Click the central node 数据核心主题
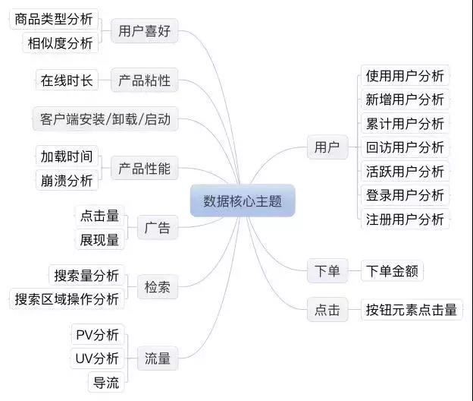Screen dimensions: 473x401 coord(243,200)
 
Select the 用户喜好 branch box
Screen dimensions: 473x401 coord(144,31)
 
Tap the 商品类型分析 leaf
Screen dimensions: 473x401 coord(54,19)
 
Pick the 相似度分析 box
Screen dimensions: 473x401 coord(61,43)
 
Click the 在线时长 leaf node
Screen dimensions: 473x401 coord(67,80)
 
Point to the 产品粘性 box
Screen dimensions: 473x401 coord(144,80)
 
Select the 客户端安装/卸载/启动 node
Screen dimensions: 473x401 coord(105,118)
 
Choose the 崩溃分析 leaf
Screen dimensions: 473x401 coord(67,181)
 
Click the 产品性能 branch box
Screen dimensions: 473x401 coord(144,168)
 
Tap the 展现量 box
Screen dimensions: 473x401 coord(99,240)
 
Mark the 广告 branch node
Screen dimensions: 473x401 coord(157,228)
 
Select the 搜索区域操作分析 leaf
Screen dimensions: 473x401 coord(67,299)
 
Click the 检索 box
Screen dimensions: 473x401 coord(157,287)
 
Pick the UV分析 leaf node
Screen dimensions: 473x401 coord(98,358)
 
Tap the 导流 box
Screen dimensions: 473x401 coord(106,382)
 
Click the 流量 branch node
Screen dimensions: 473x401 coord(157,358)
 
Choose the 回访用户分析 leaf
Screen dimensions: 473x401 coord(405,147)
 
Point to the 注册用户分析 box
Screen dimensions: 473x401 coord(405,219)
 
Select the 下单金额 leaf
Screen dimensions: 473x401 coord(392,271)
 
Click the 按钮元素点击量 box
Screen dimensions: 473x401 coord(412,309)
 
